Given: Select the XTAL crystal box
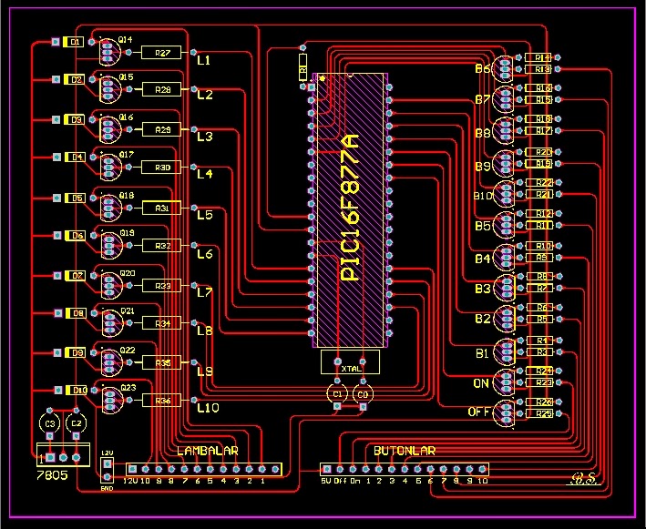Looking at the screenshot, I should click(x=350, y=361).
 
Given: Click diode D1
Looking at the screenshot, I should click(x=77, y=42).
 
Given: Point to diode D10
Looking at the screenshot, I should click(x=79, y=390).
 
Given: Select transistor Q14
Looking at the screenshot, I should click(x=108, y=53).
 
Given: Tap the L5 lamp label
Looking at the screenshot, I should click(x=204, y=215).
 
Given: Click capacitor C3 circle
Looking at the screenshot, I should click(x=51, y=423).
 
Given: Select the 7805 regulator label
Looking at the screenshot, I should click(x=51, y=475).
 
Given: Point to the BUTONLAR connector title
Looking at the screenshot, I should click(x=405, y=451).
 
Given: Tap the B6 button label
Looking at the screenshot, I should click(x=482, y=69).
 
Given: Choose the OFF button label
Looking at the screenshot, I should click(x=479, y=412).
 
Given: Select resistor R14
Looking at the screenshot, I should click(x=542, y=57).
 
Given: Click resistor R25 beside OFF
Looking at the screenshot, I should click(x=543, y=413).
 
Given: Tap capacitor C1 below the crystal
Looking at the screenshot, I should click(x=337, y=393).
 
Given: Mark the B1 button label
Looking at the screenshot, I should click(x=482, y=352).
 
